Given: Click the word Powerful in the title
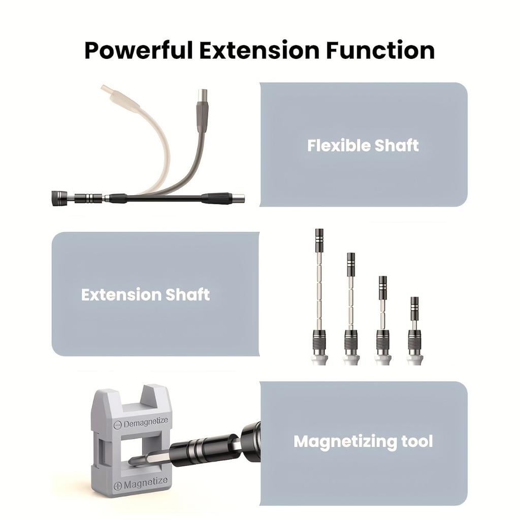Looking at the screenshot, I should (138, 50).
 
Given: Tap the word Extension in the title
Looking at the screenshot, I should (259, 50).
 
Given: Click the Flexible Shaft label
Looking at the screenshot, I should (363, 146).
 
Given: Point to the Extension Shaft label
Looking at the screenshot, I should (145, 295).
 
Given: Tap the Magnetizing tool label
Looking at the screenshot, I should (363, 441).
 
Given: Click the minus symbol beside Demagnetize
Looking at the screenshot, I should (117, 425).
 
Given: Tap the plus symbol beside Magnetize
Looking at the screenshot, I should (118, 485).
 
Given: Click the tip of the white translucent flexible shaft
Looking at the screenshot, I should (106, 89).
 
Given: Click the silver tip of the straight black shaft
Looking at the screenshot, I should (239, 198).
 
